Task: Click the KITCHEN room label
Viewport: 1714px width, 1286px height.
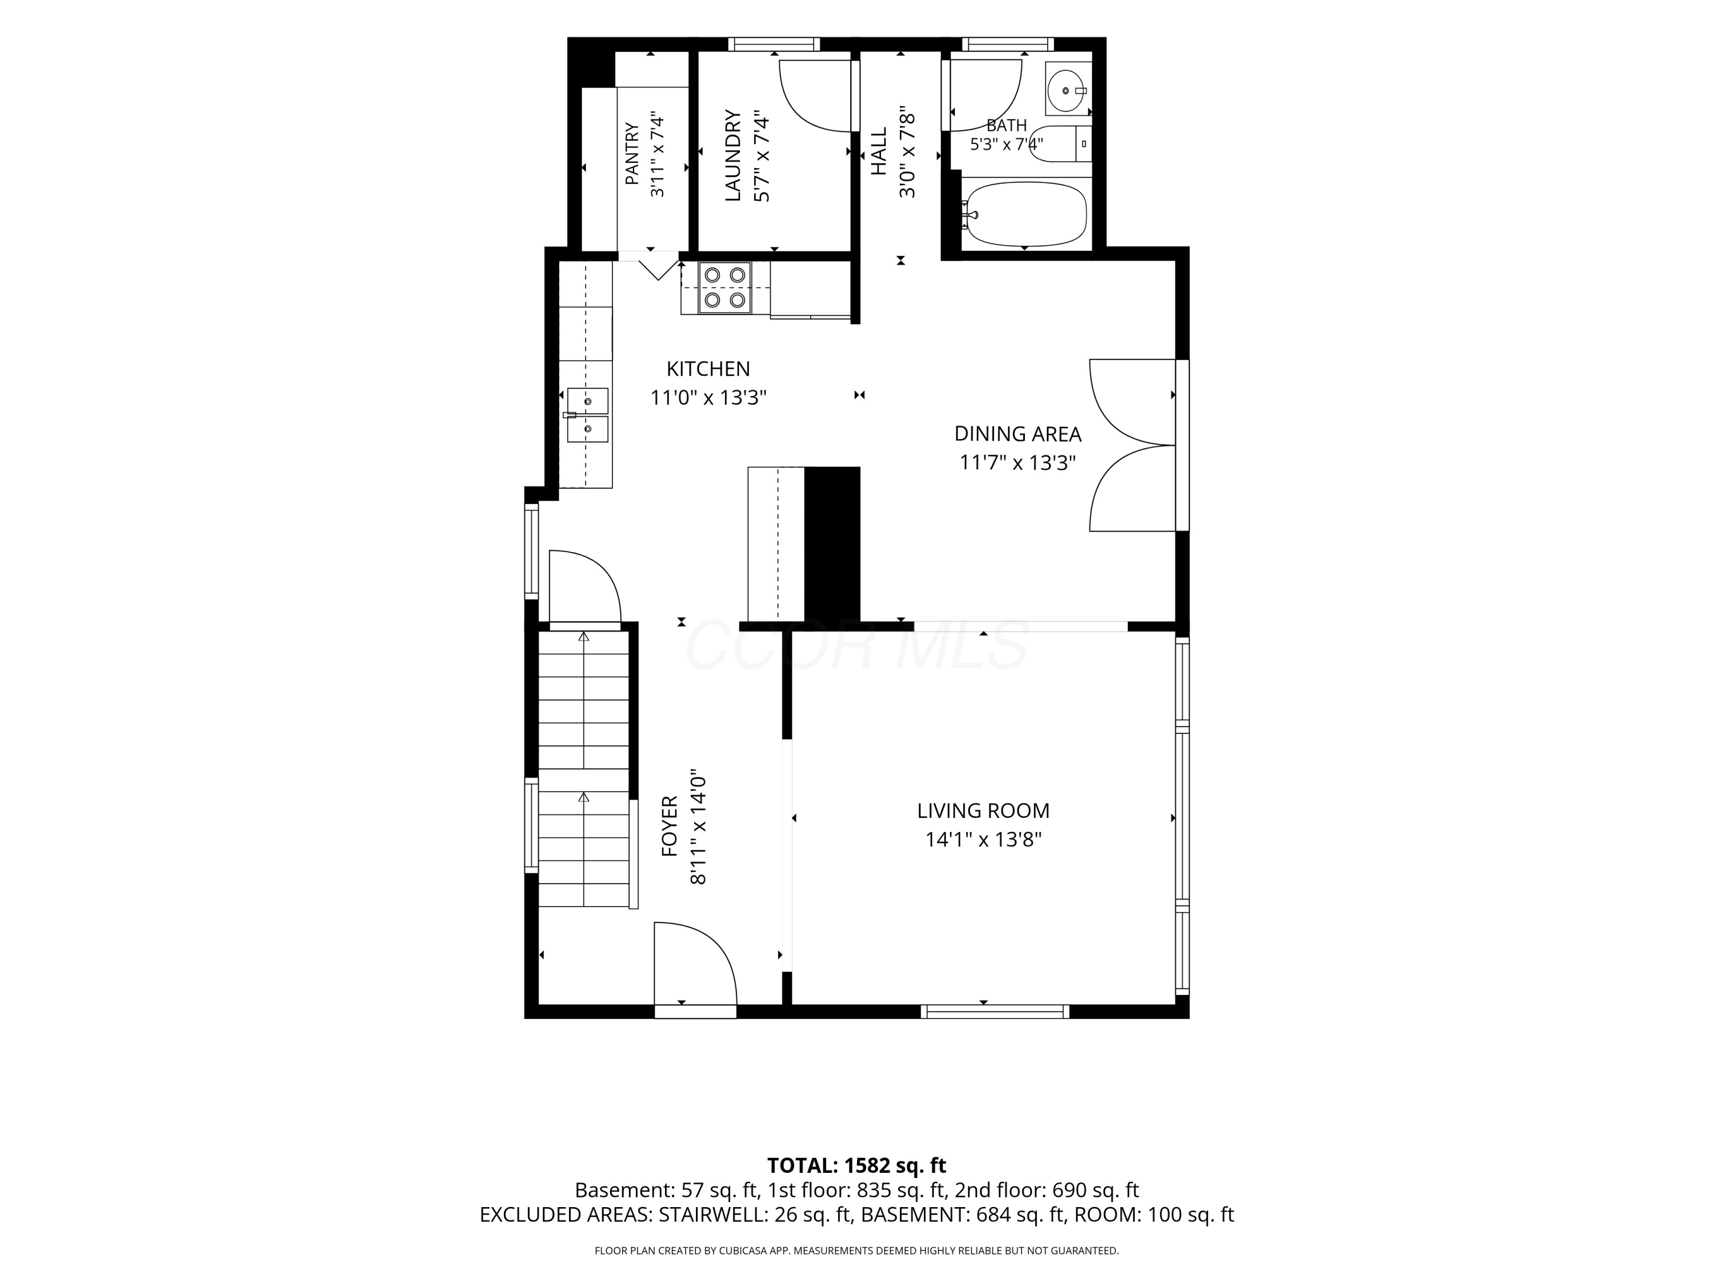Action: coord(708,369)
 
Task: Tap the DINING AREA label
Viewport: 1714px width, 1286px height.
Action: coord(1018,434)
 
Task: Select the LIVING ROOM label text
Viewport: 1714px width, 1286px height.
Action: coord(983,811)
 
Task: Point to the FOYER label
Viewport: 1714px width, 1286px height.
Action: coord(670,826)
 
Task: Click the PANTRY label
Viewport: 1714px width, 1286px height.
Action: coord(632,154)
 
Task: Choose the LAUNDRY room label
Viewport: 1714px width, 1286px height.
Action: coord(733,156)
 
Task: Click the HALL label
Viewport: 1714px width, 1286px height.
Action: coord(879,152)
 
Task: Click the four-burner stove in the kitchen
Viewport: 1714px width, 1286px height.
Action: coord(725,287)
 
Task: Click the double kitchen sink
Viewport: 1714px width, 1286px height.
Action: coord(587,416)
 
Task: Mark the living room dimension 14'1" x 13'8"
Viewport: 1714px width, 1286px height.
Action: coord(983,840)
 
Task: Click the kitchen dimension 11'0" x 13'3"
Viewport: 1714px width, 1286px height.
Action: coord(708,398)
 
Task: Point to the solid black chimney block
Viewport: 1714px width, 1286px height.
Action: coord(832,544)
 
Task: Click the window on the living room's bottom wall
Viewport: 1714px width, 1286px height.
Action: coord(995,1011)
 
